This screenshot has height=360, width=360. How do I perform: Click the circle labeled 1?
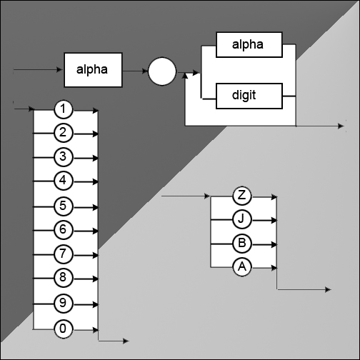(x=63, y=109)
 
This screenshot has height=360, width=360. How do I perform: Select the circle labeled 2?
(x=63, y=133)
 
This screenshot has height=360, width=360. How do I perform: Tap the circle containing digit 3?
(x=63, y=157)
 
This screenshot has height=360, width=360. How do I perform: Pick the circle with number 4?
(x=63, y=181)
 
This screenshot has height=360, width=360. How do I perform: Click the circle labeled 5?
(x=63, y=206)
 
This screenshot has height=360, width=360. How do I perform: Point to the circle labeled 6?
(x=63, y=230)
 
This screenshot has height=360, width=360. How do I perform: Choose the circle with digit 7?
(x=63, y=254)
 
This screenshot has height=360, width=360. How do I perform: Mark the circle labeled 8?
(x=63, y=278)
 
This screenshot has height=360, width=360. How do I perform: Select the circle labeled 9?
(x=63, y=304)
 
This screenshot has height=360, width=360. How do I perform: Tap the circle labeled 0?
(x=63, y=329)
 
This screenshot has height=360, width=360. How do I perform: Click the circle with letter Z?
(x=242, y=196)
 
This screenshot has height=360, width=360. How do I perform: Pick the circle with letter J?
(x=242, y=219)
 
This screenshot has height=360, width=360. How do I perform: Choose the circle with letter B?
(x=242, y=244)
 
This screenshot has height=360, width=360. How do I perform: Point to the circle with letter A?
(x=242, y=267)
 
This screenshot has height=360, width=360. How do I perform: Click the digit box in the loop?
(x=249, y=96)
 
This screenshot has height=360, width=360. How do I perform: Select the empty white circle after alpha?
(x=162, y=71)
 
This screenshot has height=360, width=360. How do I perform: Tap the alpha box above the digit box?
(x=249, y=45)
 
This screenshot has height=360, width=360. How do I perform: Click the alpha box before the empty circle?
(x=93, y=70)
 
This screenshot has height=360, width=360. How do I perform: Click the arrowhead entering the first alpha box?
(x=59, y=70)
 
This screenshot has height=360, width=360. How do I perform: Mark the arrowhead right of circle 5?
(x=95, y=208)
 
